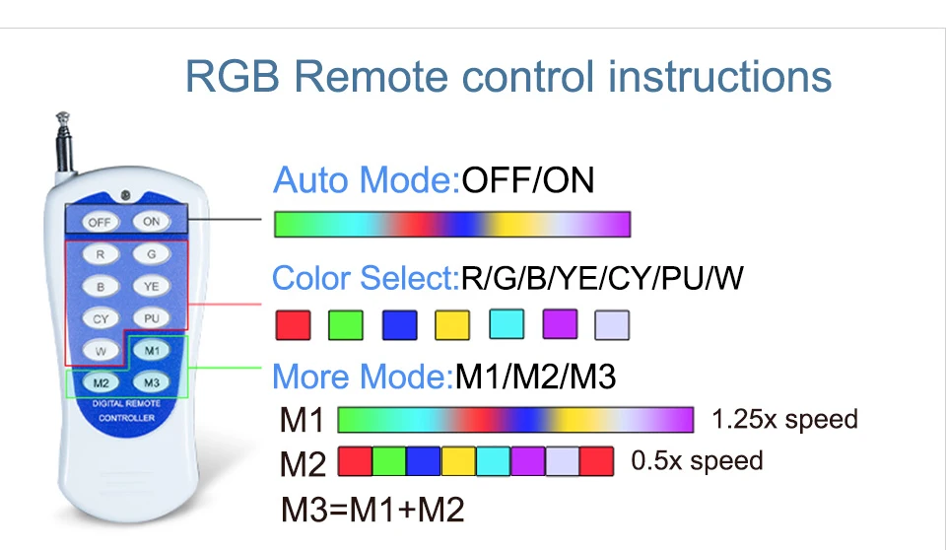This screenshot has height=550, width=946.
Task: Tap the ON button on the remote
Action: pos(151,222)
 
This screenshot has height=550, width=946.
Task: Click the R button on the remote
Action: pos(101,254)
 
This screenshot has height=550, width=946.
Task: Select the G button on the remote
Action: pos(151,254)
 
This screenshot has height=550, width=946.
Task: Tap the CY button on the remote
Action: pos(101,319)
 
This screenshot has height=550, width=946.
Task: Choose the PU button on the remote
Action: pos(151,319)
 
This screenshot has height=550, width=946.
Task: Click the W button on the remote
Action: pos(101,351)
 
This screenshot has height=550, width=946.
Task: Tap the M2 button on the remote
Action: pos(101,382)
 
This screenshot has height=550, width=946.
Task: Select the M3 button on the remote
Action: pos(151,382)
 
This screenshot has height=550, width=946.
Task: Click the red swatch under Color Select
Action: pos(293,324)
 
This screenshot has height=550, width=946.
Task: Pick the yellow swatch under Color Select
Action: pos(452,324)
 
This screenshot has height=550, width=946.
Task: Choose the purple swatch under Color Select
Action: pos(559,324)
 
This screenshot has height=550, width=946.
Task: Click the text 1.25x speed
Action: pos(784,420)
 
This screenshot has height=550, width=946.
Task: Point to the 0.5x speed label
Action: pos(697,460)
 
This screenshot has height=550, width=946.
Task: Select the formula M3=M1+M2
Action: pos(372,510)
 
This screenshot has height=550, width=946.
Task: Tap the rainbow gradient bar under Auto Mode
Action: pos(451,225)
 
